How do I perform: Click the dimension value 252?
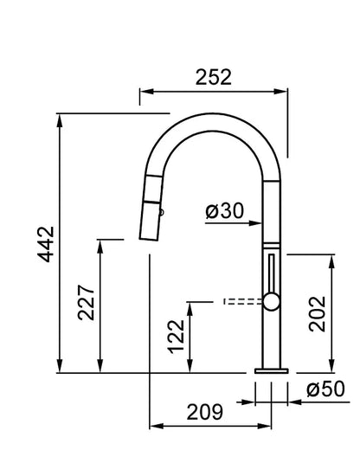[x=214, y=77]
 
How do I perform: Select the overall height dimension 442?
[x=46, y=244]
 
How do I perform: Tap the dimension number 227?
[x=86, y=303]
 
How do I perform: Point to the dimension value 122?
[x=176, y=337]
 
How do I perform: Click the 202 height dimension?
[x=317, y=314]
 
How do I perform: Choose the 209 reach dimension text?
[x=205, y=412]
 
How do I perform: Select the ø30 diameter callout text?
[x=225, y=210]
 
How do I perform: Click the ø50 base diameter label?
[x=325, y=389]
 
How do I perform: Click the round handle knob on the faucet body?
[x=272, y=302]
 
